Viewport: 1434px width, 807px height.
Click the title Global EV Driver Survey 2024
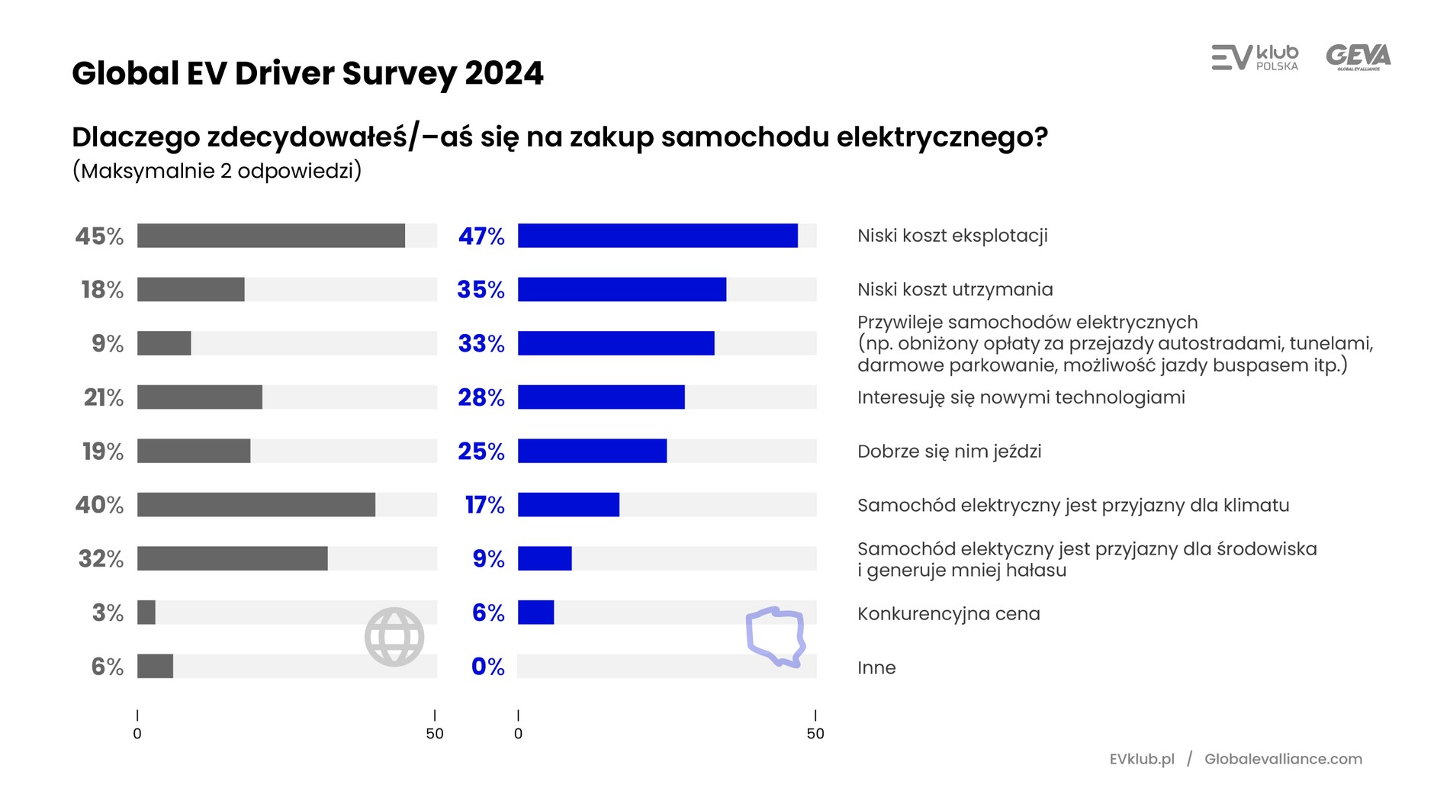307,73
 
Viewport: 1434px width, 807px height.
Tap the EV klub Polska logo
1255,57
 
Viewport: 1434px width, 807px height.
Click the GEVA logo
1358,57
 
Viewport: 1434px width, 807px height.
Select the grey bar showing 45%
271,236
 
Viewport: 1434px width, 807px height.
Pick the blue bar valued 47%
658,236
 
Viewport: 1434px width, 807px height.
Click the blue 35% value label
481,290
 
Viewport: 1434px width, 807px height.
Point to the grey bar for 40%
256,505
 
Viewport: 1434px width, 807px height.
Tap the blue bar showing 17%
568,505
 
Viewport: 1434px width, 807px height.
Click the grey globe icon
394,637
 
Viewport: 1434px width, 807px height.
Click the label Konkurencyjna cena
948,614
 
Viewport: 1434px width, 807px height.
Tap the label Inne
876,668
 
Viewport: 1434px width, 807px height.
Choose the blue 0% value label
487,667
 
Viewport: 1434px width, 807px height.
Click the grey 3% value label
108,613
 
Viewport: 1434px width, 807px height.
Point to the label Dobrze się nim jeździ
949,452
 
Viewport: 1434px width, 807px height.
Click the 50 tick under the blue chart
815,733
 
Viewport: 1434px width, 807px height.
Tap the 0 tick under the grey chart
137,733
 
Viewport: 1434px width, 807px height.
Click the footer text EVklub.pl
1142,759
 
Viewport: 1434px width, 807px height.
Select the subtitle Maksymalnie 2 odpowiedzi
217,171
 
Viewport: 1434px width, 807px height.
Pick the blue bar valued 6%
535,612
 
